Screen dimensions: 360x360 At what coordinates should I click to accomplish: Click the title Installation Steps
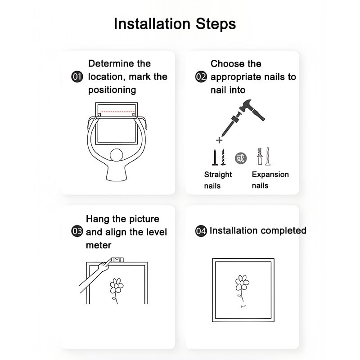pyautogui.click(x=175, y=24)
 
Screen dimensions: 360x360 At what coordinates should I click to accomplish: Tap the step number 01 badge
pyautogui.click(x=77, y=76)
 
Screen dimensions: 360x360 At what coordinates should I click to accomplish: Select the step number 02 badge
pyautogui.click(x=201, y=76)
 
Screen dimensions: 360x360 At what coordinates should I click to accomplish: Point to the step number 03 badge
pyautogui.click(x=77, y=231)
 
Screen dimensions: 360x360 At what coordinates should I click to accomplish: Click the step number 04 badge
pyautogui.click(x=201, y=231)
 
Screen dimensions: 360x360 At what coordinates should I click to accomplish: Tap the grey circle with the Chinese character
pyautogui.click(x=241, y=158)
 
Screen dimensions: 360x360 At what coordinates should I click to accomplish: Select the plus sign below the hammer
pyautogui.click(x=219, y=140)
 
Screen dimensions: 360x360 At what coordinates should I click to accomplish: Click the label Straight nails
pyautogui.click(x=218, y=180)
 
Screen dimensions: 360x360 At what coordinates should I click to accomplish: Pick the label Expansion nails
pyautogui.click(x=270, y=180)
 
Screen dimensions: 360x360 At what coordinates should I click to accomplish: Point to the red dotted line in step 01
pyautogui.click(x=118, y=112)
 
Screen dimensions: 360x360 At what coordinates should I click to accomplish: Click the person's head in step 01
pyautogui.click(x=117, y=155)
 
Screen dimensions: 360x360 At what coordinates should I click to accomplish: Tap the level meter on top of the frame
pyautogui.click(x=117, y=260)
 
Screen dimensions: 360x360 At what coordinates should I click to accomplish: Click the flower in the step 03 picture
pyautogui.click(x=117, y=290)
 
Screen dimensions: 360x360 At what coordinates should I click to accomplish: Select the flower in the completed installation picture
pyautogui.click(x=242, y=288)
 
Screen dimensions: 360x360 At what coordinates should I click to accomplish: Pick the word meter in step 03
pyautogui.click(x=99, y=245)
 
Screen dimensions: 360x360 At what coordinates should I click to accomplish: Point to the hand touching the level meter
pyautogui.click(x=105, y=265)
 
